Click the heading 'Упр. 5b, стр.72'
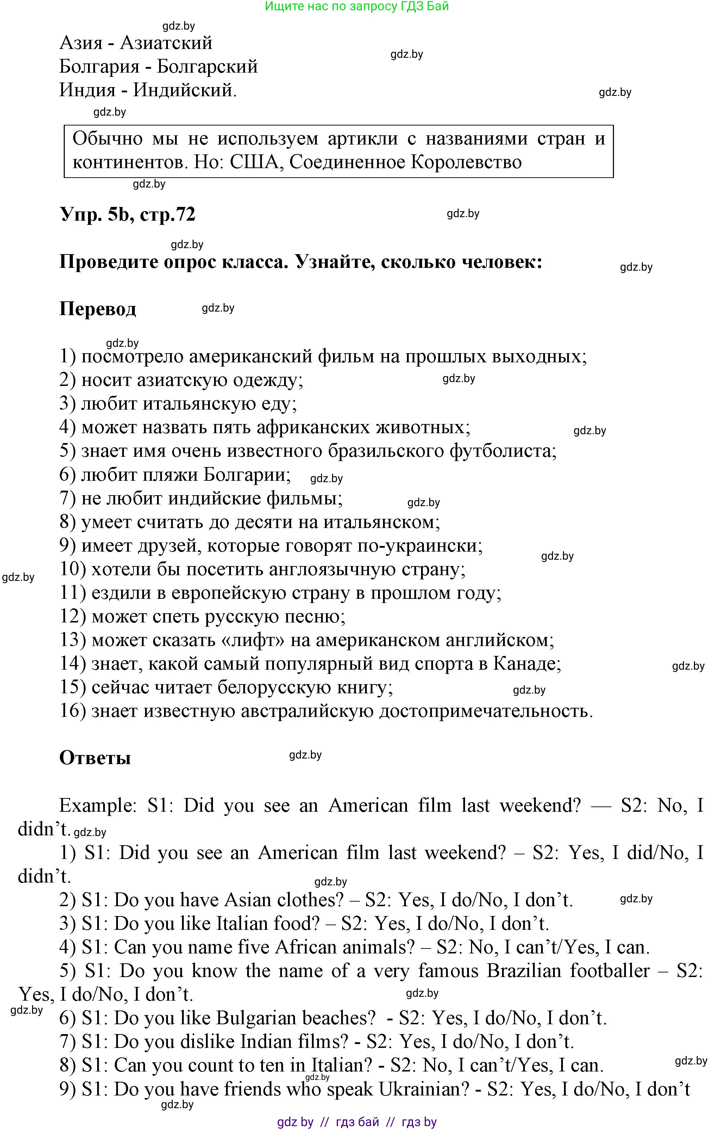tap(127, 214)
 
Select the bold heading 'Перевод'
tap(98, 309)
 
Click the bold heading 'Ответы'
tap(95, 757)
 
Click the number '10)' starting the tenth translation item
tap(72, 569)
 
